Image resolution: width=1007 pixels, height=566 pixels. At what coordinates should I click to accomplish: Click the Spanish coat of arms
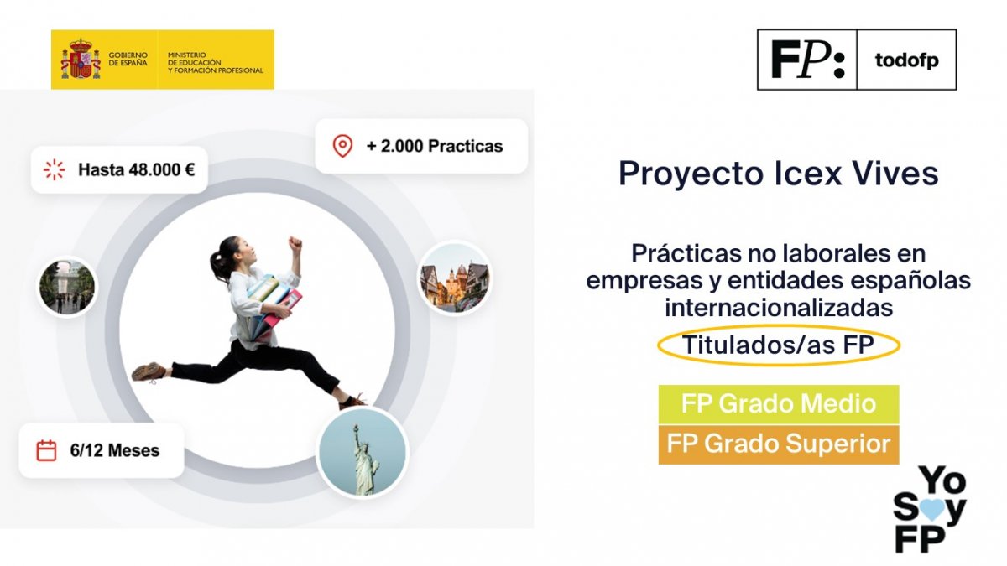[81, 60]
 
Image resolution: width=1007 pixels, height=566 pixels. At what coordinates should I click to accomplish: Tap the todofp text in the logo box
[905, 60]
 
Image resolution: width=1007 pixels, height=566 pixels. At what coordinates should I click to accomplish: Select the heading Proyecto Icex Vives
[778, 174]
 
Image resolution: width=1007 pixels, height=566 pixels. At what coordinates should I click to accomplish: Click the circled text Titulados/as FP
[779, 345]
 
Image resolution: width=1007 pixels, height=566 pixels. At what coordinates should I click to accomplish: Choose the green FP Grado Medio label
[778, 404]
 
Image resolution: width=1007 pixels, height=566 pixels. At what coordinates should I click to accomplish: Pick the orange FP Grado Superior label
[778, 444]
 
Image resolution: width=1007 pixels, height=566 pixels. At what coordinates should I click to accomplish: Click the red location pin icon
[342, 146]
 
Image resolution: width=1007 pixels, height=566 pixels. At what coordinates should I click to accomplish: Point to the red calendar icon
[46, 450]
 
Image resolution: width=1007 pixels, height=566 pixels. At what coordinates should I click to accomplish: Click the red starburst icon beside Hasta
[54, 169]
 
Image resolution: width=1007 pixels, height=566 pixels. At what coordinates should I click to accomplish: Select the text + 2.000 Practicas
[434, 146]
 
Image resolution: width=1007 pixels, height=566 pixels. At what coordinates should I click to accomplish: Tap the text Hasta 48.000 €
[136, 169]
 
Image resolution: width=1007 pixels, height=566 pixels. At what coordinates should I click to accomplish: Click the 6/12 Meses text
[115, 451]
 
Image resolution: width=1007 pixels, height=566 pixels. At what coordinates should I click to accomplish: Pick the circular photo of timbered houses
[454, 278]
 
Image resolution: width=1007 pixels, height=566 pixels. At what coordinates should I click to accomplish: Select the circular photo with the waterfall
[67, 286]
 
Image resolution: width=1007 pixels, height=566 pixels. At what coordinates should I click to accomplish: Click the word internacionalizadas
[778, 308]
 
